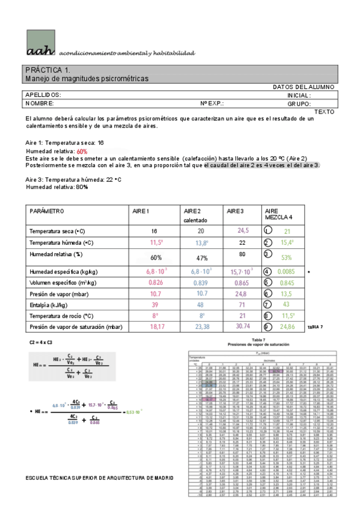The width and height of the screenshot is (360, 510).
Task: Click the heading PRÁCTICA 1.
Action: click(48, 70)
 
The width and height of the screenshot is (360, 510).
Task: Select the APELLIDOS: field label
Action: click(43, 95)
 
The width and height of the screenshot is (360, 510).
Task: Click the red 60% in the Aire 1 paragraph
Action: click(82, 152)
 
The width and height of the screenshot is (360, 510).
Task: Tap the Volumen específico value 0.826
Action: click(156, 283)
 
